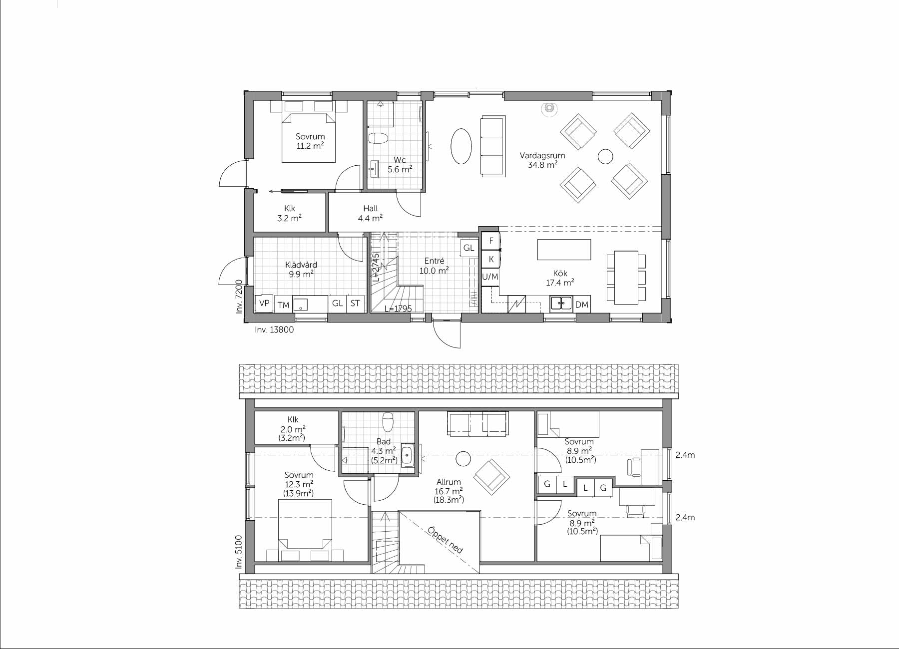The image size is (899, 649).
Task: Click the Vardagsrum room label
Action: pyautogui.click(x=542, y=155)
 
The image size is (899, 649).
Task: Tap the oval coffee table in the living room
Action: pyautogui.click(x=461, y=146)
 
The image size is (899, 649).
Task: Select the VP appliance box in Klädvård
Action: pyautogui.click(x=264, y=303)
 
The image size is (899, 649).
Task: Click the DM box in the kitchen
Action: pyautogui.click(x=582, y=304)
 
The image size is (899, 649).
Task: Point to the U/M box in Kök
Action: pyautogui.click(x=490, y=276)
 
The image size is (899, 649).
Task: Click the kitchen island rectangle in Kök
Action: pyautogui.click(x=564, y=250)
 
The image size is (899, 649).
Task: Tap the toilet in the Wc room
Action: pyautogui.click(x=378, y=138)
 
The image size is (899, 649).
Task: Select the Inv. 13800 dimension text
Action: pyautogui.click(x=274, y=329)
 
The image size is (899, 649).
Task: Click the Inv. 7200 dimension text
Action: pyautogui.click(x=239, y=297)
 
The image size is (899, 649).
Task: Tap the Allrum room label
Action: pyautogui.click(x=449, y=482)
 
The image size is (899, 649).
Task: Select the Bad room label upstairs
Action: pyautogui.click(x=384, y=441)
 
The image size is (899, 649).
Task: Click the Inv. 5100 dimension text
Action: pyautogui.click(x=239, y=552)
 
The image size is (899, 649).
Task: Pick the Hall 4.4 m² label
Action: pyautogui.click(x=371, y=213)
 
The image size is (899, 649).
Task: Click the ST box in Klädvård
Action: pyautogui.click(x=355, y=303)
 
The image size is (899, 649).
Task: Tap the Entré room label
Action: pyautogui.click(x=434, y=261)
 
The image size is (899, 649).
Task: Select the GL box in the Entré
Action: pyautogui.click(x=468, y=248)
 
